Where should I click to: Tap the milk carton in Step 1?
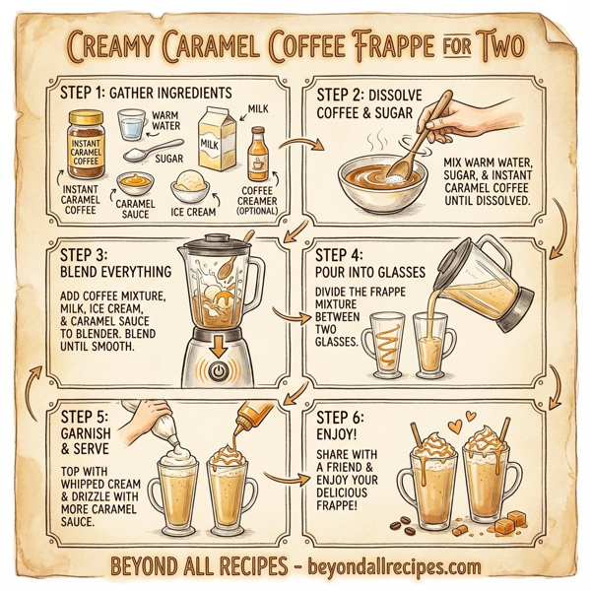[x=218, y=141]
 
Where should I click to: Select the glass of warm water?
[x=131, y=125]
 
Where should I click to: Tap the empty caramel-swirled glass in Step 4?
[x=385, y=345]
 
